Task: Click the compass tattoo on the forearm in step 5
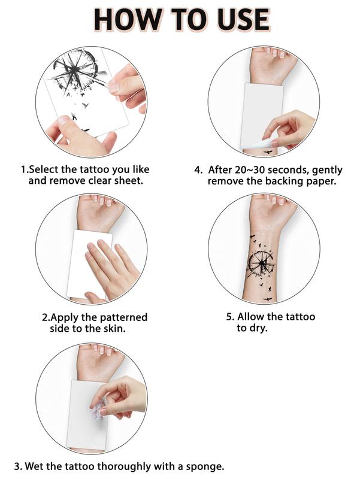point(261,263)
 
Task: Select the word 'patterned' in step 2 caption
point(124,317)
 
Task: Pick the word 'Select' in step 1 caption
point(44,169)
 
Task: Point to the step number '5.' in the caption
point(231,317)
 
